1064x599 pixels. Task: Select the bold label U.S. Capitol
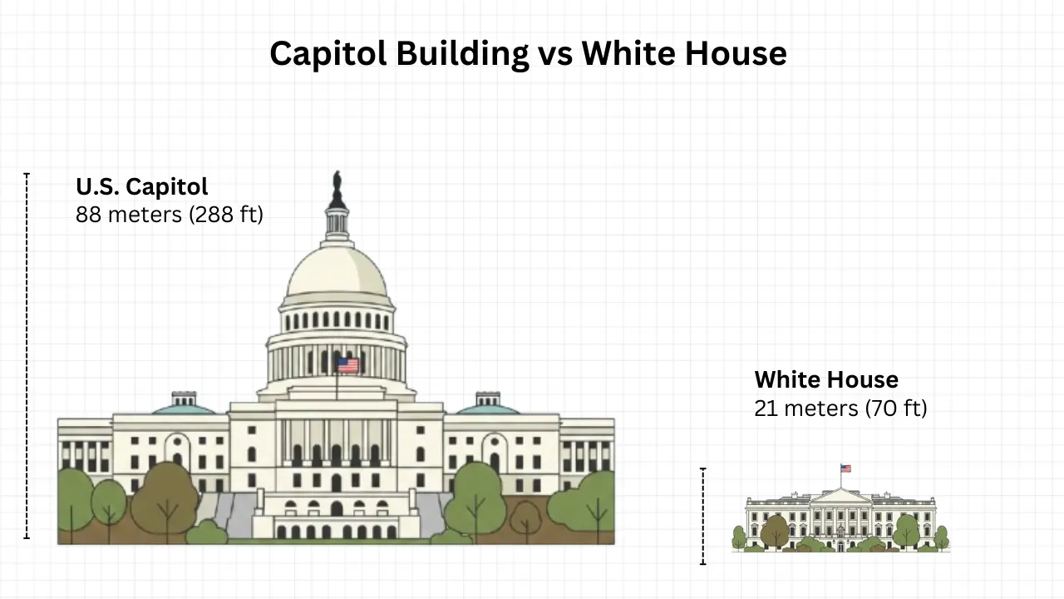(141, 186)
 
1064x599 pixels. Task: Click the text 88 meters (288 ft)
(169, 215)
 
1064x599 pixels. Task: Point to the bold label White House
(826, 380)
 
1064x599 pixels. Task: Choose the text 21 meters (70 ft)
(840, 408)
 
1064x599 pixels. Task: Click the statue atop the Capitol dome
(337, 190)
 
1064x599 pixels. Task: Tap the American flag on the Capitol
(347, 364)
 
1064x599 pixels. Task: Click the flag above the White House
(845, 468)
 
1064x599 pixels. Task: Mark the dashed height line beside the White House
(703, 516)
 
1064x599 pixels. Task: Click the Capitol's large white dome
(337, 275)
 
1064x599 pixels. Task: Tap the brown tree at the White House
(775, 530)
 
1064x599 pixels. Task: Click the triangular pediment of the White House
(840, 496)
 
